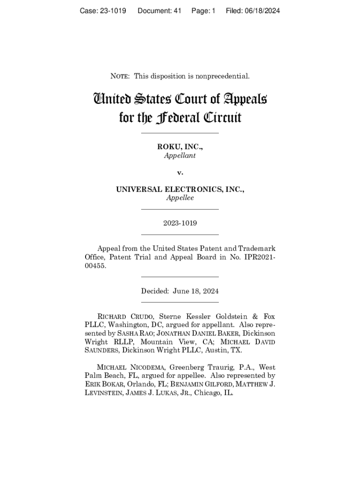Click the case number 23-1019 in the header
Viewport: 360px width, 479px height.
pos(111,11)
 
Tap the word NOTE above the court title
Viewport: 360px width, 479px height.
pos(120,76)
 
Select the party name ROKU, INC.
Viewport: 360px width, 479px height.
pos(180,147)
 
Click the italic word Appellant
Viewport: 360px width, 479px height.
pos(180,155)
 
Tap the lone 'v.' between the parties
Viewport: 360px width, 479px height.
pos(180,172)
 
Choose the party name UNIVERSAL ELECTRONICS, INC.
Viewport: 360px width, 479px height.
pos(180,189)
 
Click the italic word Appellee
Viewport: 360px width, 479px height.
pos(180,198)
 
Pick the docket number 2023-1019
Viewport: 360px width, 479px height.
pos(180,223)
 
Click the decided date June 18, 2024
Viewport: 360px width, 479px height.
pos(195,291)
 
